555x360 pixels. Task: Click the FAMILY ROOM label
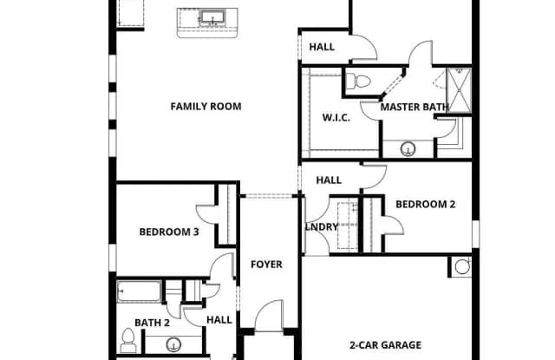[x=206, y=106]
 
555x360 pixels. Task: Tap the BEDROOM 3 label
[x=169, y=232]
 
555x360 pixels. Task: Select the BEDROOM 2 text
[x=426, y=204]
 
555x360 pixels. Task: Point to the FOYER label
[x=266, y=265]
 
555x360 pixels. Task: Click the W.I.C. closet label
[x=336, y=117]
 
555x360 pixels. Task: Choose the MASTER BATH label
[x=415, y=107]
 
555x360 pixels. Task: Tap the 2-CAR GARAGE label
[x=385, y=344]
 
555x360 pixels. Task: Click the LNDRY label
[x=322, y=227]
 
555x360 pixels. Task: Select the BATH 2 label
[x=153, y=323]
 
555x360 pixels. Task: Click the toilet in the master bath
[x=358, y=81]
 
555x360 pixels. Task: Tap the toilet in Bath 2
[x=128, y=341]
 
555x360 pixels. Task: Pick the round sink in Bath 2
[x=173, y=344]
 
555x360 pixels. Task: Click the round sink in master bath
[x=408, y=148]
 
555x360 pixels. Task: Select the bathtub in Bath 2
[x=140, y=291]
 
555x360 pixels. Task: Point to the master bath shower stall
[x=459, y=90]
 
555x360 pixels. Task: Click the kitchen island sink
[x=212, y=17]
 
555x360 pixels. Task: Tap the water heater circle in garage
[x=462, y=266]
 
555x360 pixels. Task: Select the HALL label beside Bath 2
[x=219, y=320]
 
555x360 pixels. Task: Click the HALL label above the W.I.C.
[x=322, y=47]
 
